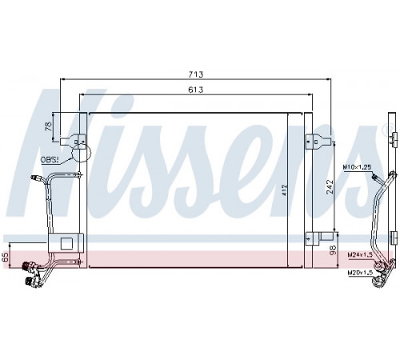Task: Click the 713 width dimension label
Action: click(196, 74)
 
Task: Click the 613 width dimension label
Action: click(196, 90)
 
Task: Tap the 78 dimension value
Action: click(49, 126)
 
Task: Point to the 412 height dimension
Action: click(285, 190)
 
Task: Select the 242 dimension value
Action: click(330, 187)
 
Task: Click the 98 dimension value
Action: click(333, 250)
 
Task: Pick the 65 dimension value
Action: click(6, 258)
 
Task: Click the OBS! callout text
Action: click(50, 160)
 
